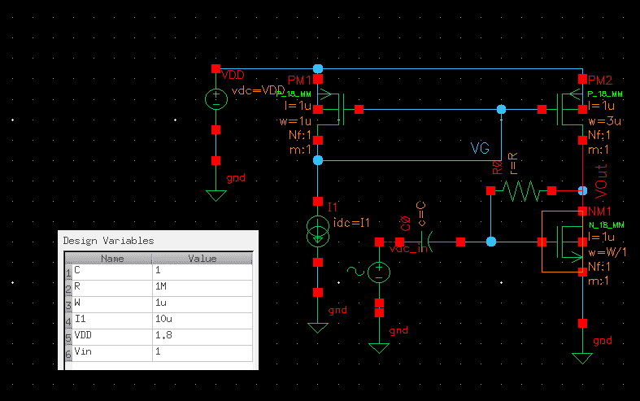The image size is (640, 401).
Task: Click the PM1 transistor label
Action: [298, 81]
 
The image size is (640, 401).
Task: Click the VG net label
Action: [481, 149]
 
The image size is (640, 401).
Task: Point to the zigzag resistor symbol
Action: [521, 191]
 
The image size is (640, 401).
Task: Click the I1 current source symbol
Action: [318, 231]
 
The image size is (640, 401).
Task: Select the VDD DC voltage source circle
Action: [216, 99]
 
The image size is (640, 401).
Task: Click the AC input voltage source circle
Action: [379, 272]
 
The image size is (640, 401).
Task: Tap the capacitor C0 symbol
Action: [429, 242]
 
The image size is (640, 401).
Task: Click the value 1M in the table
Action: [163, 285]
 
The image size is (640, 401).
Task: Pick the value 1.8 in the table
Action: [163, 335]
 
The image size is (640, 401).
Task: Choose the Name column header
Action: [111, 258]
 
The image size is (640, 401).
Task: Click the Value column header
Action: [202, 258]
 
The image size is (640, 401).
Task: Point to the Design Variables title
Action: [108, 241]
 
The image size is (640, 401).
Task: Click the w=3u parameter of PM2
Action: [604, 121]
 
